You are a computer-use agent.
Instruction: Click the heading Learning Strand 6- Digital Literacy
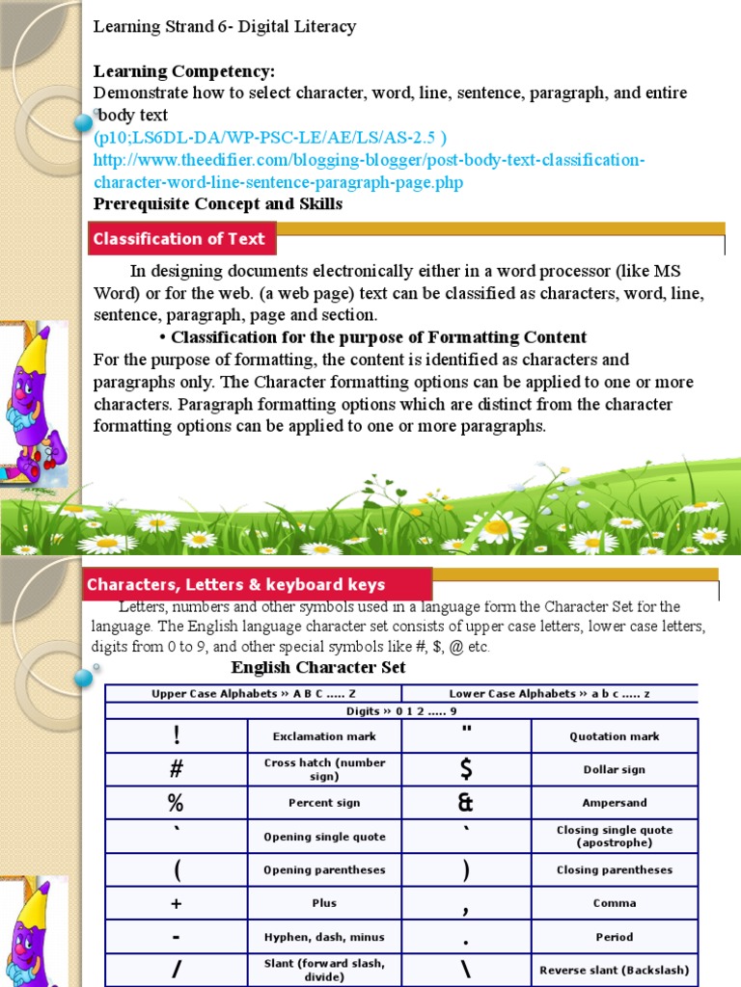(225, 27)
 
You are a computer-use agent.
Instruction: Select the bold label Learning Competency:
(184, 71)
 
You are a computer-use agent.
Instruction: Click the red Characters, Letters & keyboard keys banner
(236, 584)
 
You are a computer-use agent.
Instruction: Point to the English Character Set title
(318, 667)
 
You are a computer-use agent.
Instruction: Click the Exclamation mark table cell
(324, 736)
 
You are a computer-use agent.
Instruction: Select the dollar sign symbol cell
(466, 769)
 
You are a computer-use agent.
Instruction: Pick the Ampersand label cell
(615, 802)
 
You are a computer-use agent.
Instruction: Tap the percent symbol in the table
(176, 802)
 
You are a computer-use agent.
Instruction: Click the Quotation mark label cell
(615, 736)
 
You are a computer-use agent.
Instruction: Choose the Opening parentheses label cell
(324, 869)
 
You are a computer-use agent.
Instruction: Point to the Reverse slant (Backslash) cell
(615, 970)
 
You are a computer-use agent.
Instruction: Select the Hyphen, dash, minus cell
(324, 936)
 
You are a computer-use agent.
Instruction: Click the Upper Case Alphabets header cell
(253, 693)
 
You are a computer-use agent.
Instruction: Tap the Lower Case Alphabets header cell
(549, 693)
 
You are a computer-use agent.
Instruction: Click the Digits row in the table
(401, 711)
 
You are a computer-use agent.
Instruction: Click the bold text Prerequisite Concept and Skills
(218, 203)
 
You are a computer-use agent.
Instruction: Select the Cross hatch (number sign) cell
(324, 769)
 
